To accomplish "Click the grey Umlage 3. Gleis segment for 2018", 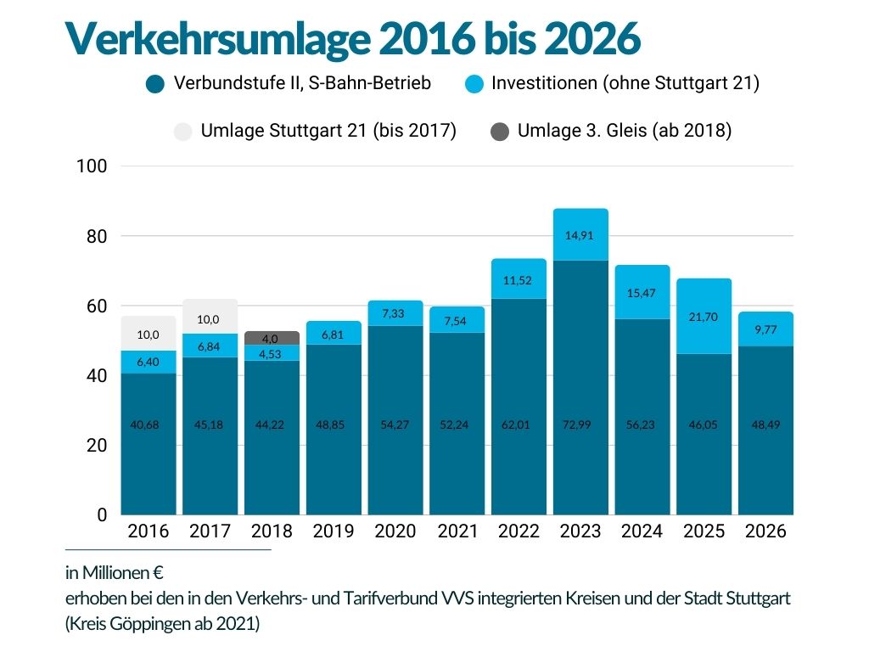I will pos(272,338).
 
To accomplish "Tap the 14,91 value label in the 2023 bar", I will pos(580,235).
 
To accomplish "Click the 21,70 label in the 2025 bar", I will pos(704,317).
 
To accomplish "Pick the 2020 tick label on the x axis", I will pos(395,531).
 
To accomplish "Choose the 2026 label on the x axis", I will pos(765,531).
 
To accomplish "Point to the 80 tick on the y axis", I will pos(95,236).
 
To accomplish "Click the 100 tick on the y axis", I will pos(91,166).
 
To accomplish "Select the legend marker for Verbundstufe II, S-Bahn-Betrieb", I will pos(154,84).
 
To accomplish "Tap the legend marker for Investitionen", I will pos(475,84).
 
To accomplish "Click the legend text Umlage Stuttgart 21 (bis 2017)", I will pos(328,131).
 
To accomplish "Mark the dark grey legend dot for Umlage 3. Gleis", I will pos(500,132).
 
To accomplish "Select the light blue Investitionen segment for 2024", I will pos(642,292).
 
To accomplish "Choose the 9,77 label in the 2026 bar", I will pos(765,329).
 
